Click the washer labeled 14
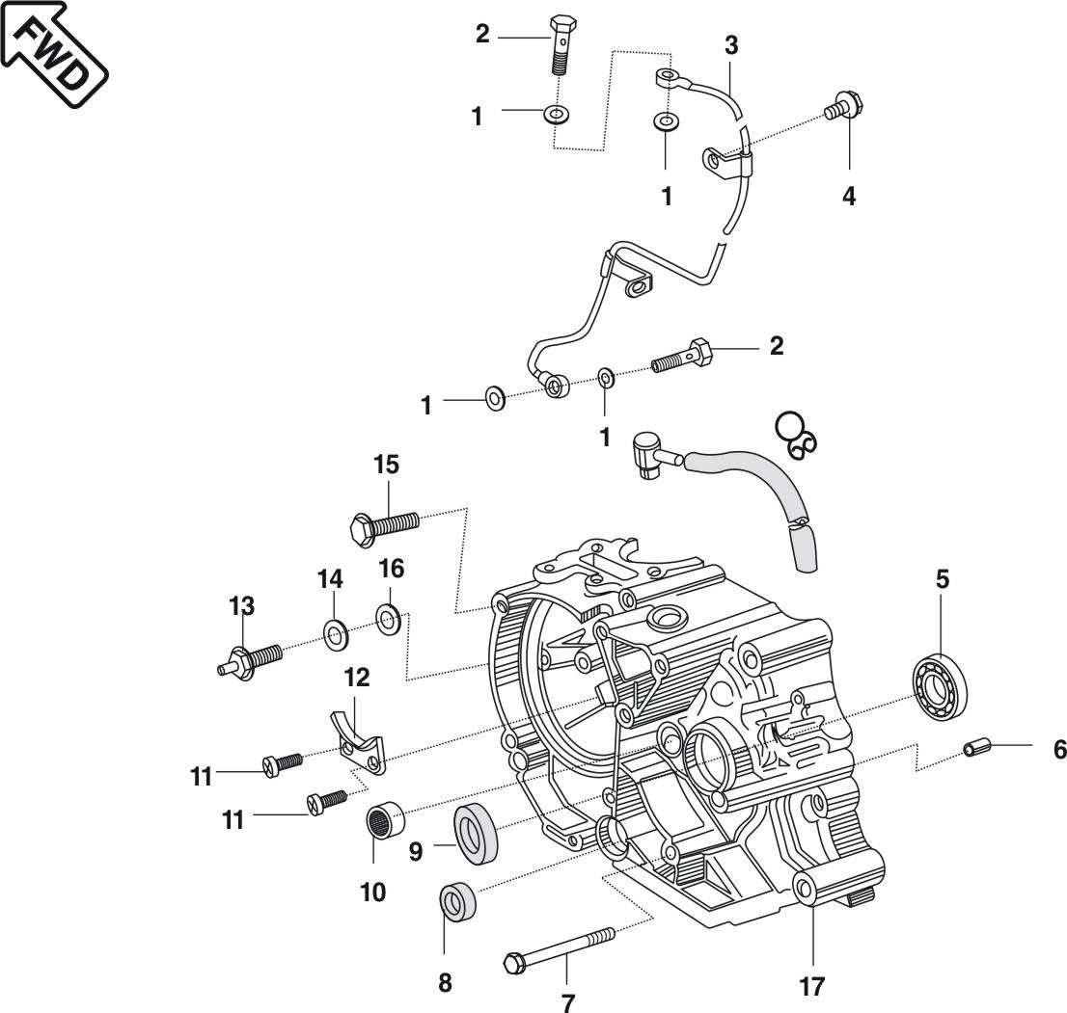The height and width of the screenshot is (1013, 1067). pos(335,633)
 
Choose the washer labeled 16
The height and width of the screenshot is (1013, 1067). pos(389,618)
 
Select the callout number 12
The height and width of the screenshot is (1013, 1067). pos(356,677)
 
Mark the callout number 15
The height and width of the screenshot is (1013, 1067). pos(387,464)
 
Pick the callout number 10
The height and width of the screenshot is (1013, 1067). pos(372,892)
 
